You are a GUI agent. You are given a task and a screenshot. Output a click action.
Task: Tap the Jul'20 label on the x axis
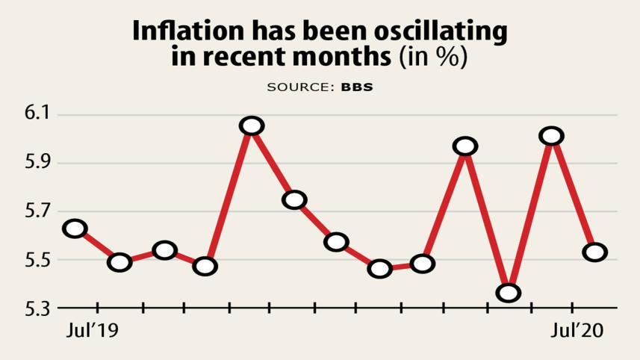click(x=577, y=330)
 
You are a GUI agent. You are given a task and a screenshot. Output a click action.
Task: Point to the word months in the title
click(x=341, y=58)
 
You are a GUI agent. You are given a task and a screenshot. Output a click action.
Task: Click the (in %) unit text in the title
click(x=434, y=58)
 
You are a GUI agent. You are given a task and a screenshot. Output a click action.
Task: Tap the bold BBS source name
click(x=357, y=87)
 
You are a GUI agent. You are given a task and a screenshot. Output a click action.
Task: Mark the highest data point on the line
click(x=252, y=126)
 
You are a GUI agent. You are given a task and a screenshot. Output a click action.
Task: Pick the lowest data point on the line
click(x=509, y=293)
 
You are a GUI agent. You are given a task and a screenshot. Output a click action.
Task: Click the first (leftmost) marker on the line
click(x=75, y=229)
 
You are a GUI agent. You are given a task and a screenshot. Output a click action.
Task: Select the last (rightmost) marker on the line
click(x=595, y=252)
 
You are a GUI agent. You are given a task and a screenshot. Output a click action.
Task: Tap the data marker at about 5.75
click(x=294, y=199)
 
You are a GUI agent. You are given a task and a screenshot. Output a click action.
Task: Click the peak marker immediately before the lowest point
click(x=465, y=146)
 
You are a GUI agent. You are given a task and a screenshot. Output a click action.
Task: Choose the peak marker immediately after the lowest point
click(x=552, y=136)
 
